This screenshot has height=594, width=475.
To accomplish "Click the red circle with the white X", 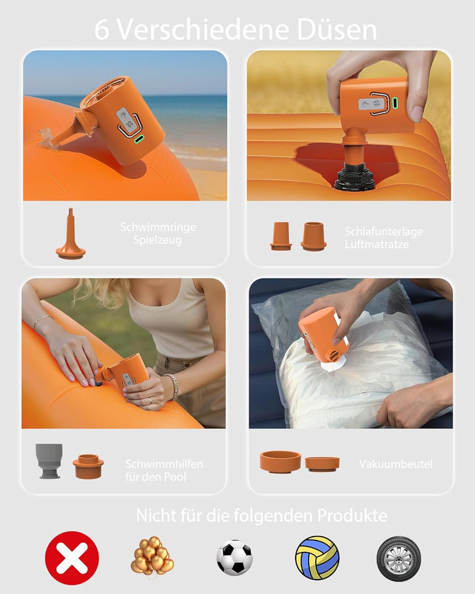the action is point(72,558).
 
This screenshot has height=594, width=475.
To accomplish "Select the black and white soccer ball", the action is point(234,557).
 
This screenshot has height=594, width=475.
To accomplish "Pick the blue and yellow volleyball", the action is point(317,557).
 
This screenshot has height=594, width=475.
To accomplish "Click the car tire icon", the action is point(398,558).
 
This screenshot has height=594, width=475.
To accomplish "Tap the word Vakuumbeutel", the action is point(395,464).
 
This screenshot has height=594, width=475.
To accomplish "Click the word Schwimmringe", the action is point(158,227).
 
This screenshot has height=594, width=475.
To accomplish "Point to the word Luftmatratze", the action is point(377,244).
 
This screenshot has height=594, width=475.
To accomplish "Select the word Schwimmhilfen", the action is point(164,464).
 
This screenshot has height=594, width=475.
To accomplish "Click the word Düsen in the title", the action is point(336,29).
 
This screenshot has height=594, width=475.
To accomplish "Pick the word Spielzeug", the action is point(157,240).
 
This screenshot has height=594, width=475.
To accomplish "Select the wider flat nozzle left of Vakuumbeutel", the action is point(280,461).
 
